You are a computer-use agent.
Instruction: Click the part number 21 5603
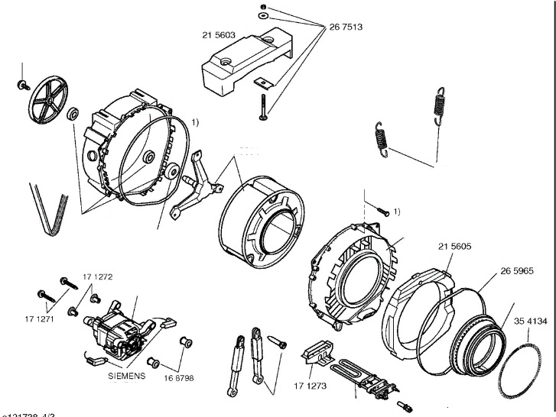pyautogui.click(x=218, y=34)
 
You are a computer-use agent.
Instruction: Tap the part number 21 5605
pyautogui.click(x=454, y=247)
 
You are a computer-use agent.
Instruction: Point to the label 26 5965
pyautogui.click(x=517, y=270)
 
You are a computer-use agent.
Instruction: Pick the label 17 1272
pyautogui.click(x=97, y=276)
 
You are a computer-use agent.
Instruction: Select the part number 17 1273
pyautogui.click(x=311, y=386)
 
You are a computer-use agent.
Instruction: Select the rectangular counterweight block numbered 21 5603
pyautogui.click(x=242, y=66)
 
